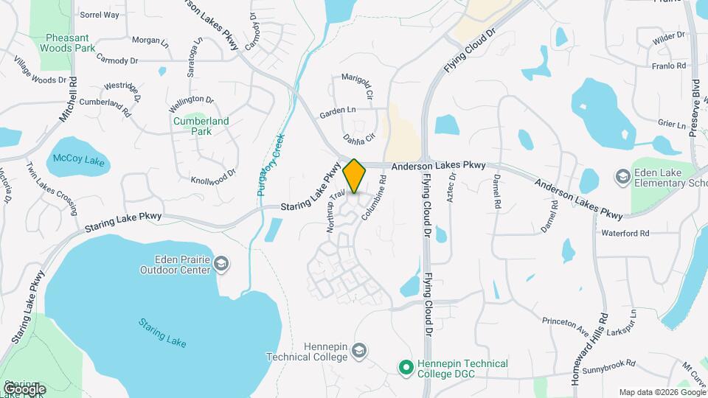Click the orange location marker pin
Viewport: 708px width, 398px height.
(355, 175)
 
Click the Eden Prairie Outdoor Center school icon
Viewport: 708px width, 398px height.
(222, 263)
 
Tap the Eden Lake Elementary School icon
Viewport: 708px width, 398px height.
(622, 177)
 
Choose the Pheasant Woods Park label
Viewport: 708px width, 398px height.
(69, 43)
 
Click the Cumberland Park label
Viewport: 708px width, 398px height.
(201, 126)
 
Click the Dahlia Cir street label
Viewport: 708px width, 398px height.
(360, 139)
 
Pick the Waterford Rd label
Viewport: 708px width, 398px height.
(624, 233)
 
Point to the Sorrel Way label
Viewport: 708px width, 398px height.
(99, 14)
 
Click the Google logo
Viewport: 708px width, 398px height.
(24, 388)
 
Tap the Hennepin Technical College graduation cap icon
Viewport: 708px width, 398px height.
(359, 349)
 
